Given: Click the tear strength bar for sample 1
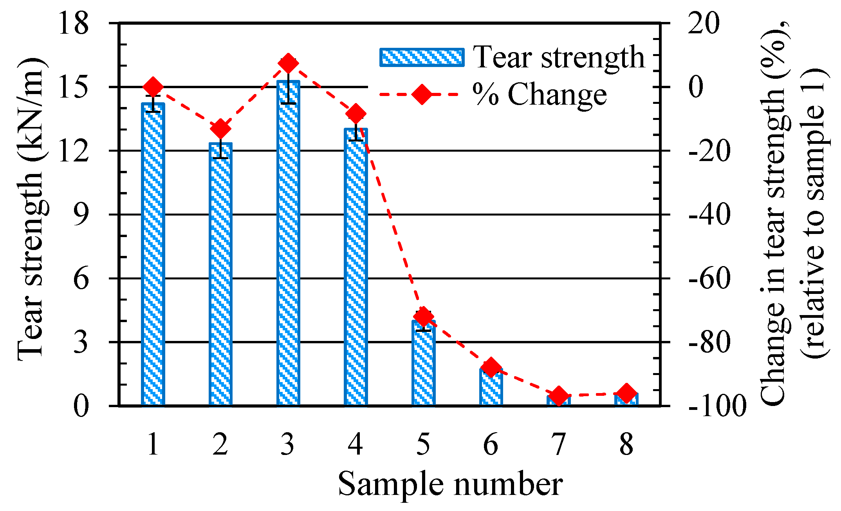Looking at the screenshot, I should [x=153, y=255].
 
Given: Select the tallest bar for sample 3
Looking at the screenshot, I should [x=288, y=243].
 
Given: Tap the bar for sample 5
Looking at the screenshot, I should [x=423, y=364].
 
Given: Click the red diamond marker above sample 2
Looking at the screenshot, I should [x=220, y=129].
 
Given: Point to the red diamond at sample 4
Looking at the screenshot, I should [x=356, y=114].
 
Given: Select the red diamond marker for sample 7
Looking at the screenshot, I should [x=559, y=396].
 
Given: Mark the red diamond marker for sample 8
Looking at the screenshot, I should [x=626, y=393].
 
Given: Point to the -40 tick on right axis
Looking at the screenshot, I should [x=709, y=215].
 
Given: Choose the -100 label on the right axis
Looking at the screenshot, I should [x=716, y=406].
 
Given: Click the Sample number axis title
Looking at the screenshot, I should [x=450, y=484].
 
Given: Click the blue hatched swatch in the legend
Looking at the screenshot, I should [x=422, y=58].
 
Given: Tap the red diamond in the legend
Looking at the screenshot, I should [x=422, y=94].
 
